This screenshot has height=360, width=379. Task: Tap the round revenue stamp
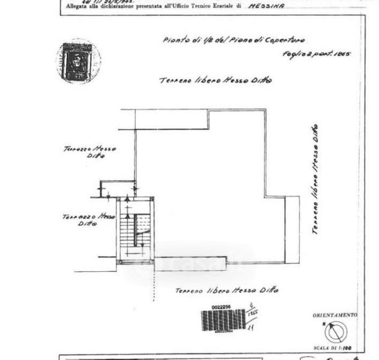coord(77,61)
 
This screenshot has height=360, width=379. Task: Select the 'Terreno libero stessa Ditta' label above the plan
coord(215,80)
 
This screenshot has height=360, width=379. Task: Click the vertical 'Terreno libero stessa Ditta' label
coord(316,179)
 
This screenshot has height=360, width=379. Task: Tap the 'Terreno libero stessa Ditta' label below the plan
coord(226,290)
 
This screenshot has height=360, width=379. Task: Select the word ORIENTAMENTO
coord(335,315)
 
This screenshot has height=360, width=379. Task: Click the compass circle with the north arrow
coord(336,332)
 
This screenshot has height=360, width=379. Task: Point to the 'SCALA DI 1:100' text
coord(335,348)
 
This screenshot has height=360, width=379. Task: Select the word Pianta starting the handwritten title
coord(175,40)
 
